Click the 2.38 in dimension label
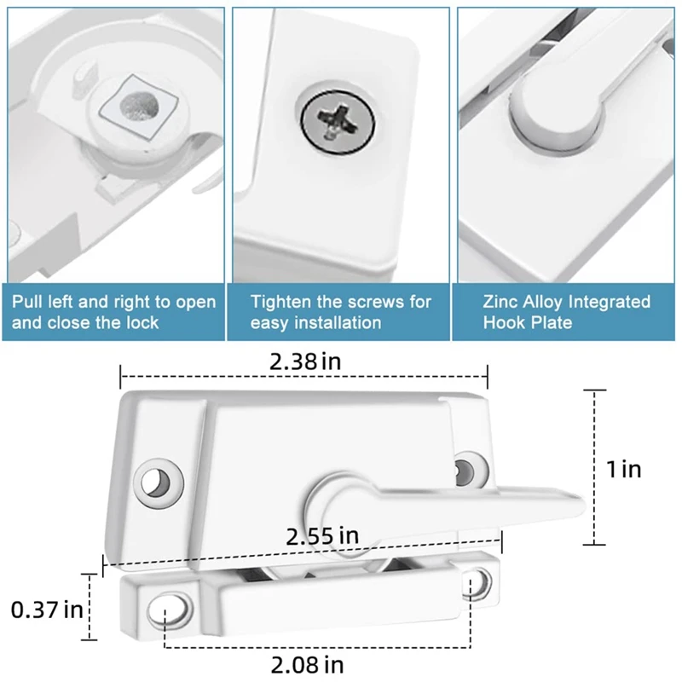(x=304, y=361)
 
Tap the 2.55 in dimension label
(x=322, y=536)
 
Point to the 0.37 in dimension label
(x=46, y=610)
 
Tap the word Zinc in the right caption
(x=501, y=303)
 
